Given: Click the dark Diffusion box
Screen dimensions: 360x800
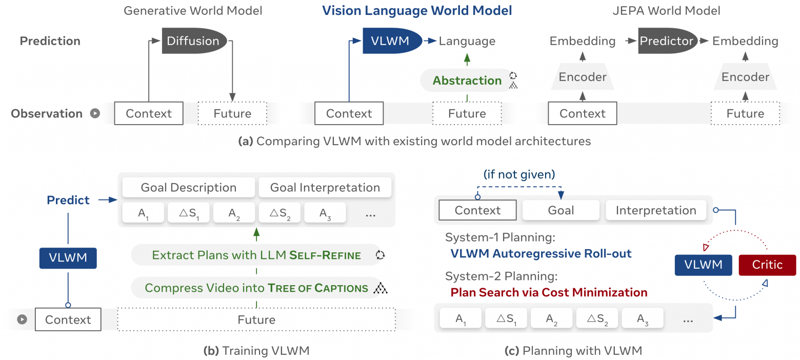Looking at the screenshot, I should [194, 41].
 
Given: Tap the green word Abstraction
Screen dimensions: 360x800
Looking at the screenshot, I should [467, 81].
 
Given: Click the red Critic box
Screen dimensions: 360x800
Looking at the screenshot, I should [767, 265].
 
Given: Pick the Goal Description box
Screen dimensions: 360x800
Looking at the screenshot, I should [188, 188].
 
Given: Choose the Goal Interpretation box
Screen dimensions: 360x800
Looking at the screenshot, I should [325, 188].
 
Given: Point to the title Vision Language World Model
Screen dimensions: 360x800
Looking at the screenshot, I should [417, 10].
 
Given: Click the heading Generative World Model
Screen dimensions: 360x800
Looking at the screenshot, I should [193, 10].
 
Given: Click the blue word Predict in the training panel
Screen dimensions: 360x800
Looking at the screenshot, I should [69, 200].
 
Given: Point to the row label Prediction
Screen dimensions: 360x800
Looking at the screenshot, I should [50, 41].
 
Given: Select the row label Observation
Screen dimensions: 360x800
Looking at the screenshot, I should [47, 113].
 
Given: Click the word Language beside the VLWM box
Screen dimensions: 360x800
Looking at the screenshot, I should [467, 41].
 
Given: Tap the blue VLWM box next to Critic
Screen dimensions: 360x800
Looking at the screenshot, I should [703, 265].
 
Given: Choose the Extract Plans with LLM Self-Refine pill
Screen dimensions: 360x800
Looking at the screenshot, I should [256, 255].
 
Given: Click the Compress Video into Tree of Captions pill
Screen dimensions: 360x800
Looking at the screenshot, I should [256, 288].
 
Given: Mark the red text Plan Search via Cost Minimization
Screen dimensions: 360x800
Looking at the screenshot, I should [549, 292].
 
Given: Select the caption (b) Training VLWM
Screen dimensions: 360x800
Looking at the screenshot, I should [256, 351].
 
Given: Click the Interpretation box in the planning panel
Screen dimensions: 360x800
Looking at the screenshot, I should [656, 210].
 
